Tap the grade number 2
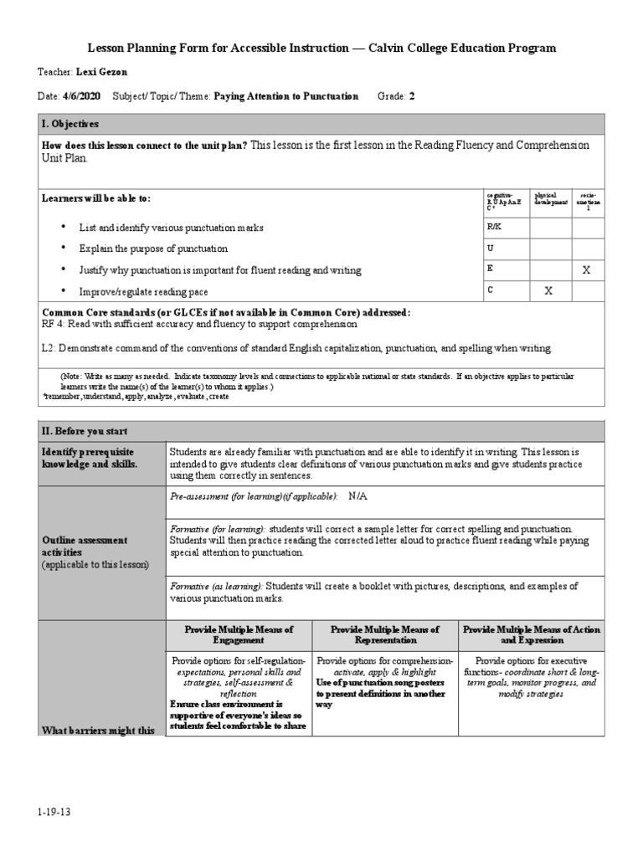(x=411, y=96)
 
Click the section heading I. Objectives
(x=70, y=123)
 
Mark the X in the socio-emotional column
(x=586, y=269)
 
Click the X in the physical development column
(x=548, y=290)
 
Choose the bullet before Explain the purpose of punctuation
(x=63, y=249)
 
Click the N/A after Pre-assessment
(x=358, y=496)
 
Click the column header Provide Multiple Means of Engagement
(x=239, y=634)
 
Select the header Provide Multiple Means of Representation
(x=386, y=634)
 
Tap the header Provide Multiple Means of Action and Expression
(x=532, y=634)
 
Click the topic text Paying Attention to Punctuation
(x=285, y=96)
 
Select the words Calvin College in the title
(x=424, y=49)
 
